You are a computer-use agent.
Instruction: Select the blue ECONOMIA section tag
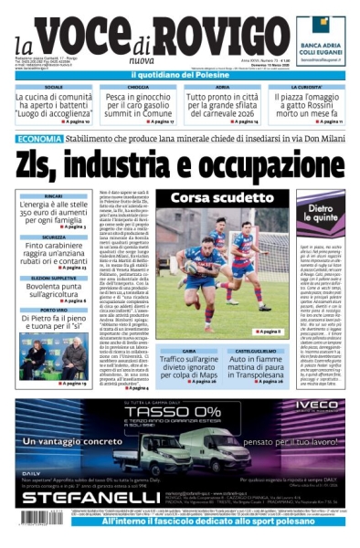38,139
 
